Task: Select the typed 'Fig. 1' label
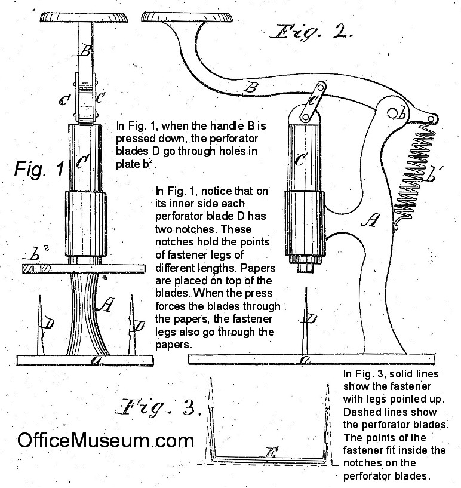pos(39,170)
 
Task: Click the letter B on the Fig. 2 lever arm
pos(253,88)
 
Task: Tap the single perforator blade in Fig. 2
pos(306,323)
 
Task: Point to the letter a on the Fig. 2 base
pos(306,360)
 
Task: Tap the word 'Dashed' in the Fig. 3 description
pos(362,412)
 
